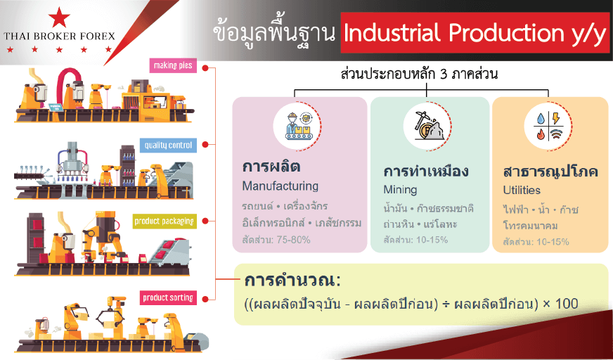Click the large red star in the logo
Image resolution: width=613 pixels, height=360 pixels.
59,17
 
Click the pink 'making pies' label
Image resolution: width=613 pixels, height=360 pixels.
173,65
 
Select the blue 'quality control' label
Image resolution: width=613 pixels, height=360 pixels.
168,146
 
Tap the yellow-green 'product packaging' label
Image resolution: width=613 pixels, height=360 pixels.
164,221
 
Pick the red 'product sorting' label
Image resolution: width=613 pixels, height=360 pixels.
168,298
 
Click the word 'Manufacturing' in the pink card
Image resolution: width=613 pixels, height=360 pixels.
280,186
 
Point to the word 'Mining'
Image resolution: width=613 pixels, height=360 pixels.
400,190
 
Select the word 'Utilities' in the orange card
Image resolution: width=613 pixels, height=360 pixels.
522,191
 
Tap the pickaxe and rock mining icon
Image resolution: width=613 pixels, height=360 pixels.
427,125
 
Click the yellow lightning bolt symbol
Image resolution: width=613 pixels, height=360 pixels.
555,119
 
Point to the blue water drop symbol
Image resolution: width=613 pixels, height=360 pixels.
541,119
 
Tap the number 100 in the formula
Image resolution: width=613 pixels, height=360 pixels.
567,304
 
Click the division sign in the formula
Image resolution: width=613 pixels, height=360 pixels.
446,304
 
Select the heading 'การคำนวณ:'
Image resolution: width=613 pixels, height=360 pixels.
292,281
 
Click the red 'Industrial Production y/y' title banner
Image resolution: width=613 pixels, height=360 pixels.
475,33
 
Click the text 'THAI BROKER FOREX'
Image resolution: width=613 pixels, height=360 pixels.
60,37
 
